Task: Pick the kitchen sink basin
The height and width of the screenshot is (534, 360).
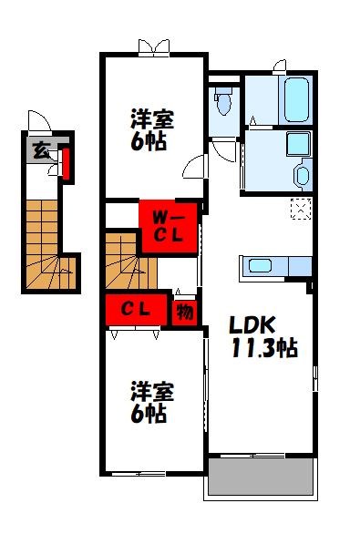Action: click(259, 266)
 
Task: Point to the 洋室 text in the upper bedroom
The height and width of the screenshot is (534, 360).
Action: click(151, 119)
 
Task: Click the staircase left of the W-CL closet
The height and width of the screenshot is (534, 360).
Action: click(126, 260)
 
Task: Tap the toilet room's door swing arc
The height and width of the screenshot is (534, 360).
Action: click(222, 146)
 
